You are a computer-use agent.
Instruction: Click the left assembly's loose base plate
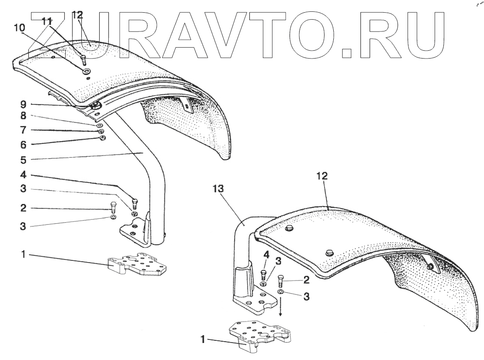pyautogui.click(x=137, y=264)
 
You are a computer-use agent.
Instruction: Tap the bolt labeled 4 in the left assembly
pyautogui.click(x=135, y=202)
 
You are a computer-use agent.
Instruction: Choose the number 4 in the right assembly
pyautogui.click(x=266, y=254)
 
